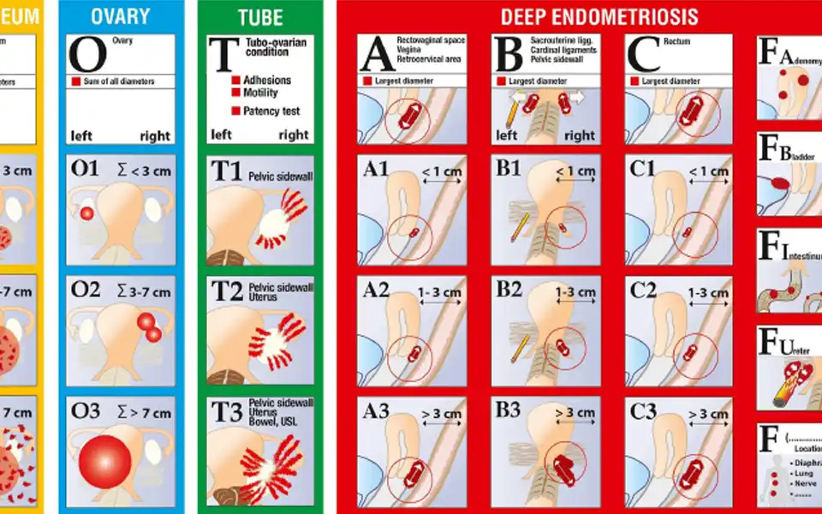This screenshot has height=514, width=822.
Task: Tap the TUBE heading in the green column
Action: coord(260,16)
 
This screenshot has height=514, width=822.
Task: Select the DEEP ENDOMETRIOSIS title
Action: coord(599,16)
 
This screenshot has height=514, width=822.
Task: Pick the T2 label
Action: coord(226,291)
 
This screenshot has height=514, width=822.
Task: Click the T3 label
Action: coord(227,411)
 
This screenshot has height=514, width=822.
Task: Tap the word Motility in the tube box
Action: coord(261,93)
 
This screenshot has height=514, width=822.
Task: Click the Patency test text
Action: coord(271,111)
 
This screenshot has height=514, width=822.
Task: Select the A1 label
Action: coord(376,170)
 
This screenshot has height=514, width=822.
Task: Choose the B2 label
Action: coord(509,290)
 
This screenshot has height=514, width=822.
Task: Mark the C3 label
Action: coord(643,411)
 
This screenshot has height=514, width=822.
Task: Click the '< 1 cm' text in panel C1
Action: coord(709,171)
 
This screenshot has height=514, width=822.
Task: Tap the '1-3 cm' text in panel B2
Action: coord(575,292)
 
